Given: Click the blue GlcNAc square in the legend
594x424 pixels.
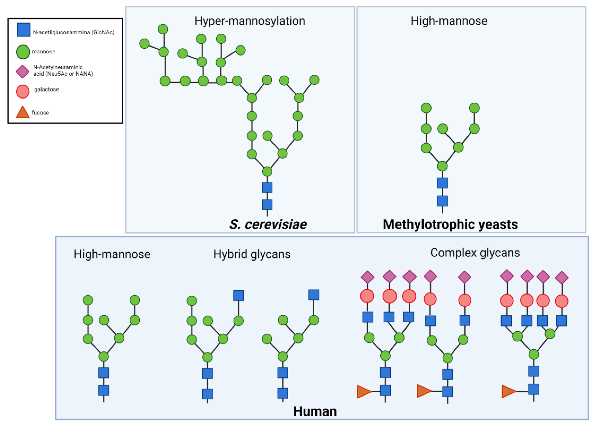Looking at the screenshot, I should [x=24, y=30].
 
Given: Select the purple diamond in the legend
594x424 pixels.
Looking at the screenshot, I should [x=22, y=71].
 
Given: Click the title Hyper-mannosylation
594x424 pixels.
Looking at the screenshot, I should [x=250, y=21].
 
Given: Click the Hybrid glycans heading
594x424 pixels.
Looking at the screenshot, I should [x=252, y=254].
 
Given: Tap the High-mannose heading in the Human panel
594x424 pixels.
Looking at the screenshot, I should [x=112, y=254].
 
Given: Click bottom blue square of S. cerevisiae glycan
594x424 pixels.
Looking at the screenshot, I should [x=267, y=204].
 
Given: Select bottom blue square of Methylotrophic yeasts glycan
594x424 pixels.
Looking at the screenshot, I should [x=442, y=201].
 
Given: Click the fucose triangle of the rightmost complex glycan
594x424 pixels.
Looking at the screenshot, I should [x=508, y=391].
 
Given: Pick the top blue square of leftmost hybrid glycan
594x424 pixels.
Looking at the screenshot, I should [x=238, y=296].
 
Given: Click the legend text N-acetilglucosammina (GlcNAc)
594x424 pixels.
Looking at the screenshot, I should [x=74, y=32].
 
